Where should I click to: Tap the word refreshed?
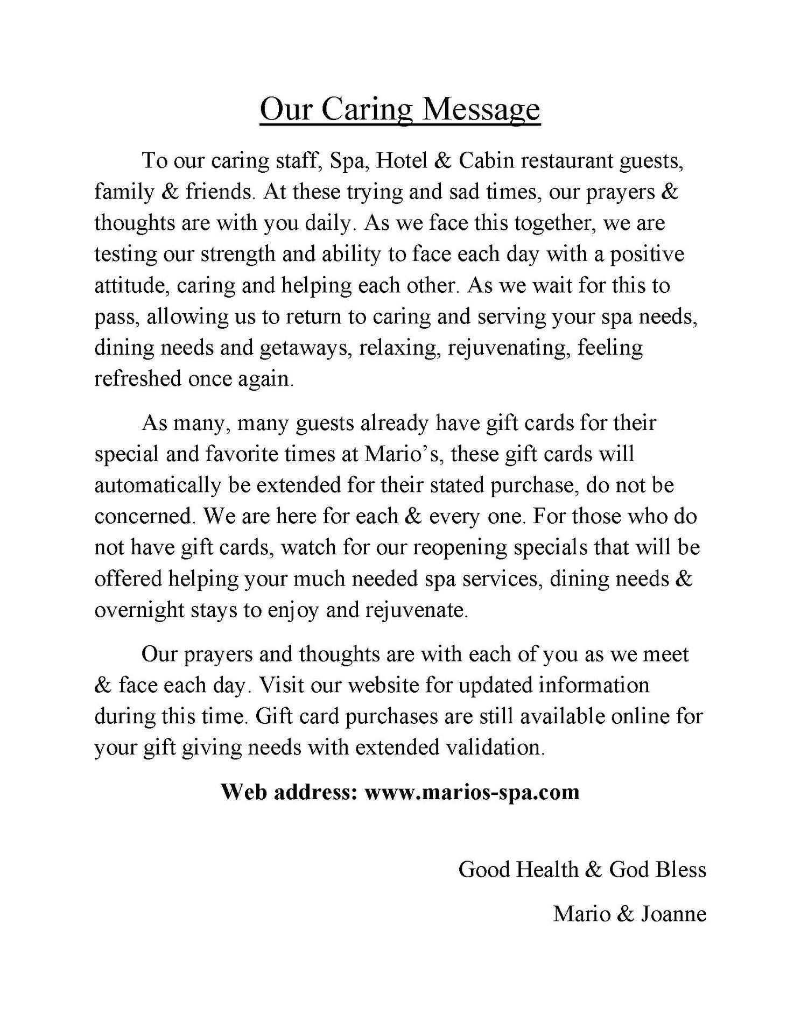(x=137, y=379)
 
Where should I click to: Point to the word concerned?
(x=143, y=517)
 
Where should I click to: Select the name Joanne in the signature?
(x=673, y=914)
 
